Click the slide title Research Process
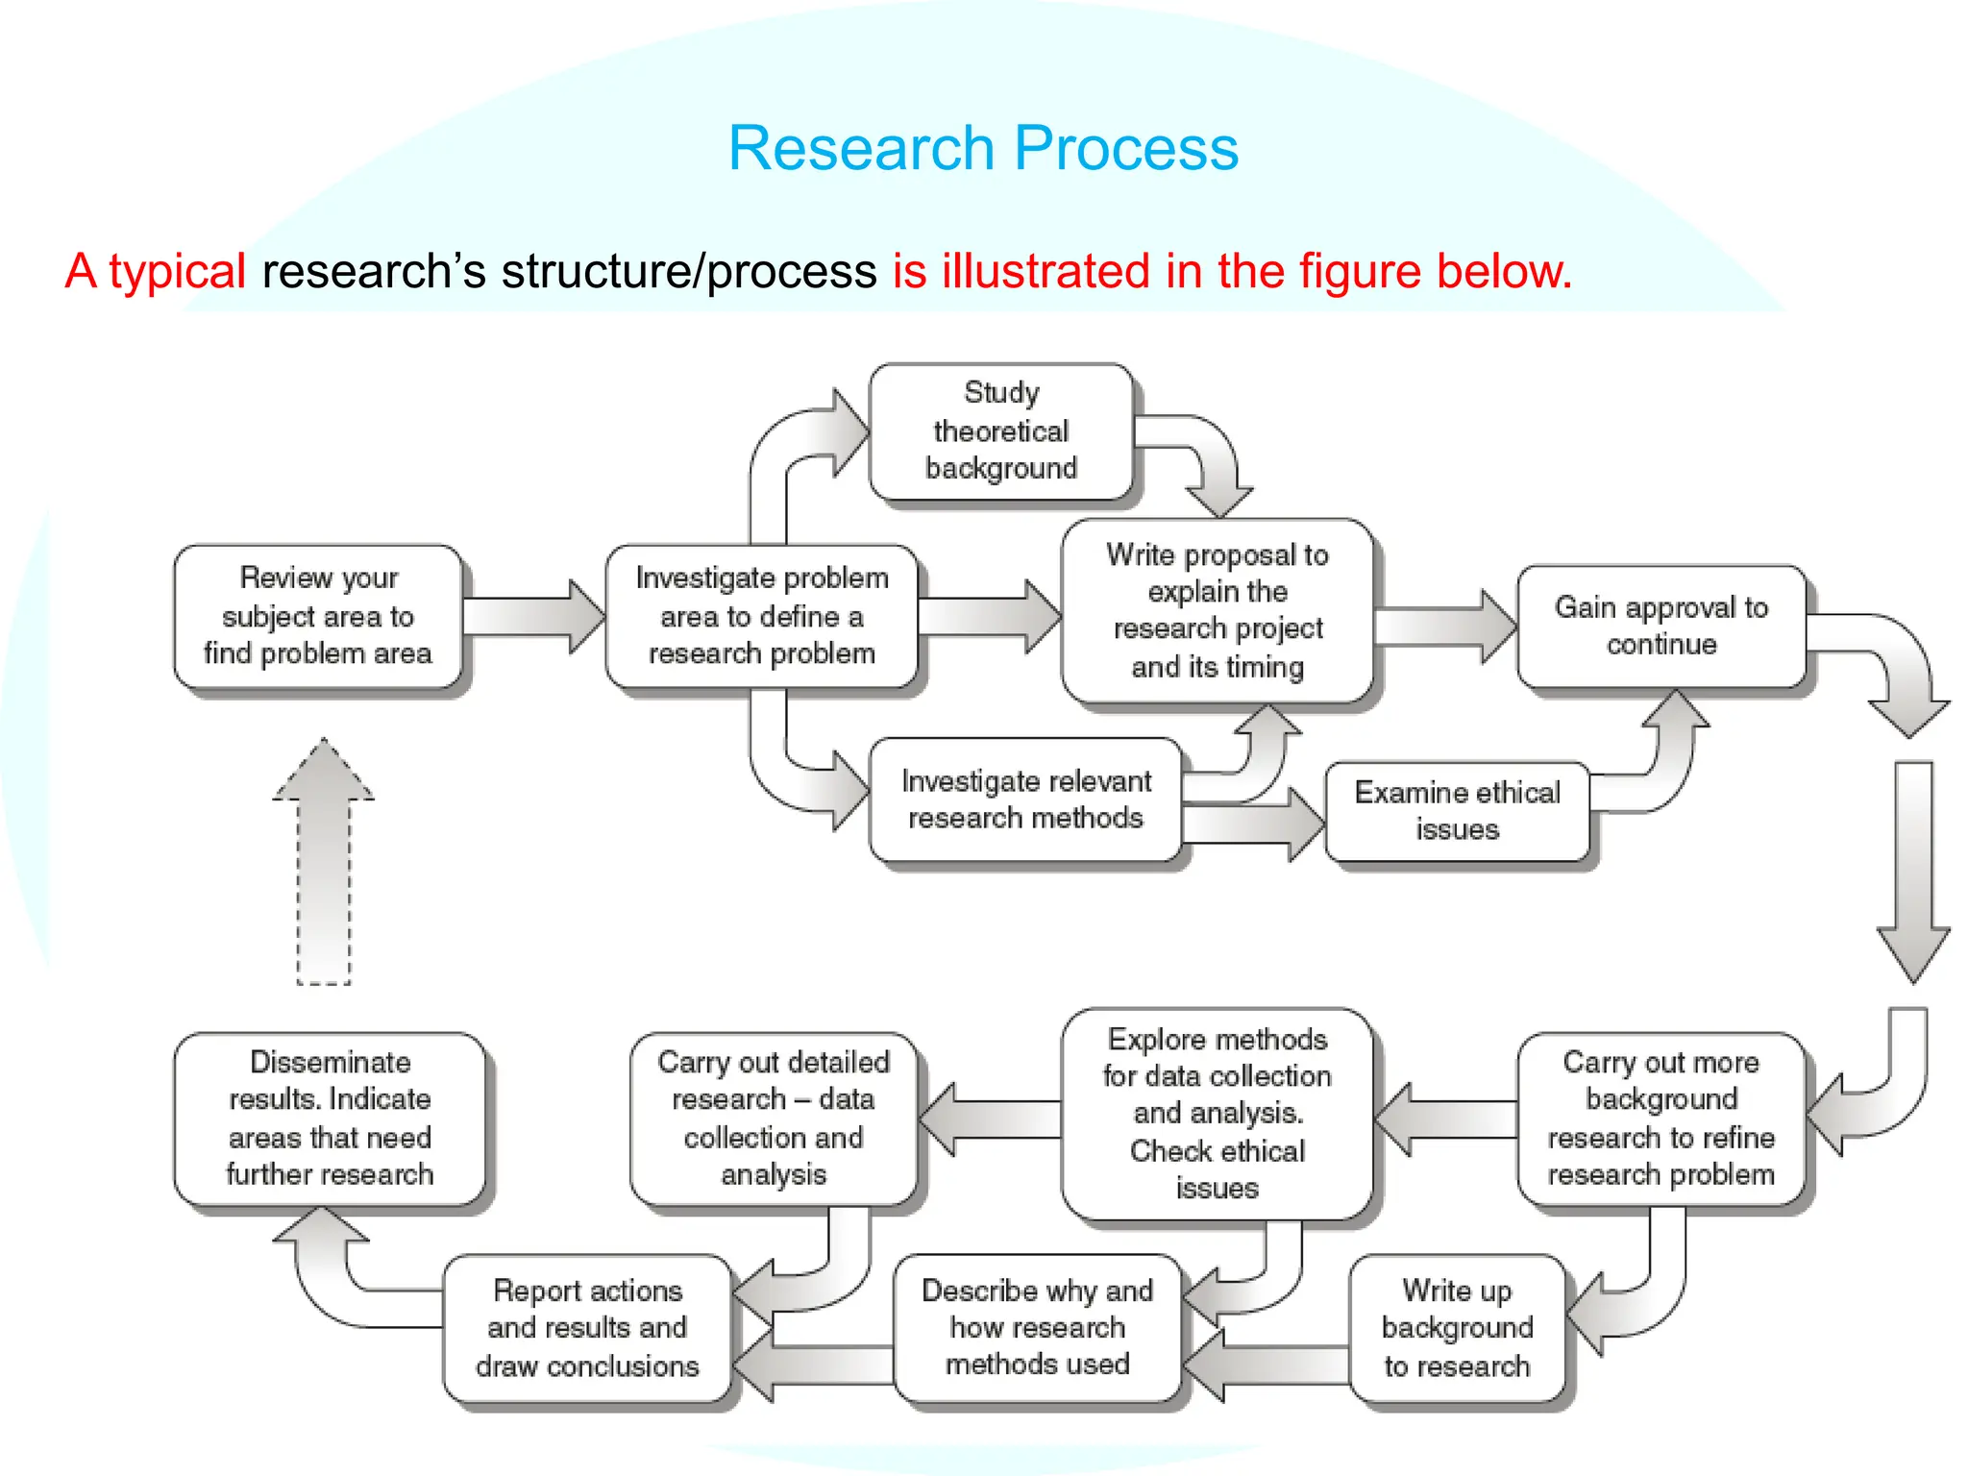[982, 148]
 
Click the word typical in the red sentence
[177, 271]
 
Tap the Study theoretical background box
[1000, 431]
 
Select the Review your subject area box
[318, 616]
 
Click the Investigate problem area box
[761, 616]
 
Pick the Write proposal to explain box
[1217, 611]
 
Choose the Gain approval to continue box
[1660, 626]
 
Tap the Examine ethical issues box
[1457, 811]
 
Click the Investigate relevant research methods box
[1025, 799]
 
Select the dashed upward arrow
[324, 865]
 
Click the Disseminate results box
[330, 1119]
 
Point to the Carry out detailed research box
[774, 1119]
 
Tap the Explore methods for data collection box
[1217, 1114]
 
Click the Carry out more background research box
[1660, 1119]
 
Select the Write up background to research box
[1457, 1328]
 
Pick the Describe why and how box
[1037, 1328]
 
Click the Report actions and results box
[587, 1328]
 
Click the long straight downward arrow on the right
[1913, 865]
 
